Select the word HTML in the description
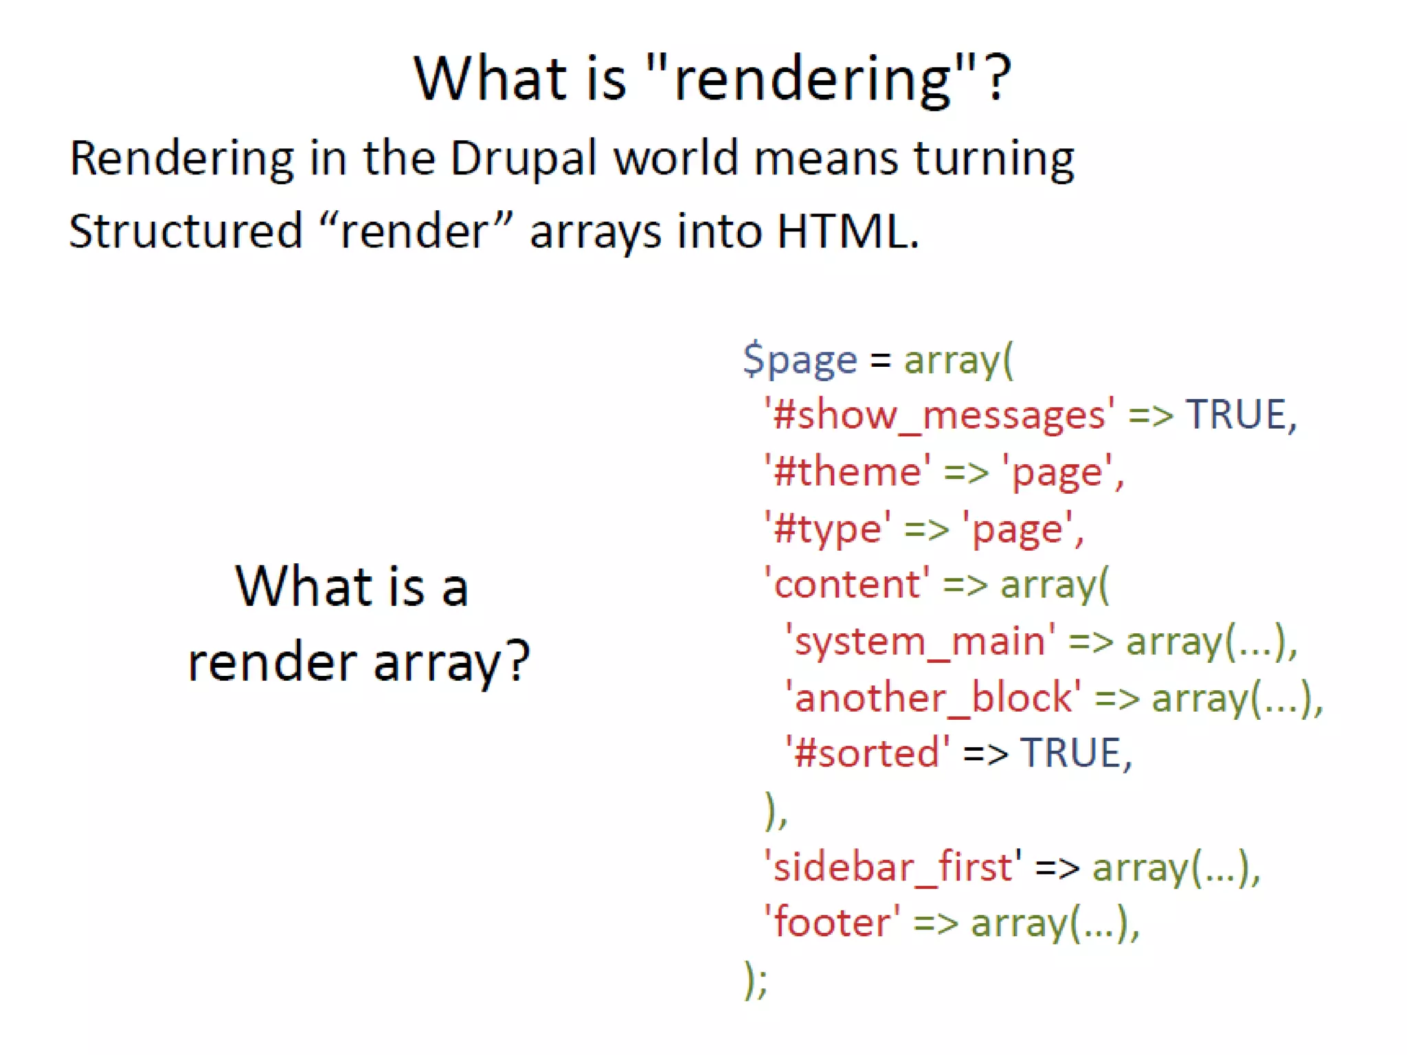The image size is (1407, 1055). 847,231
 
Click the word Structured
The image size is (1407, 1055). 185,231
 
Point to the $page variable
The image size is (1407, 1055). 800,359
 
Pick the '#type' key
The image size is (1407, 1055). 827,529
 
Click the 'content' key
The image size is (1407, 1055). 847,585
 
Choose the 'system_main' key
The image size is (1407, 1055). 920,642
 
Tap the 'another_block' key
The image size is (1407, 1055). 933,698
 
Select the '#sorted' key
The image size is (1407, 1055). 868,753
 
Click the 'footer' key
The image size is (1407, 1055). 832,922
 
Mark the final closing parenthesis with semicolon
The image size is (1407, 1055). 756,979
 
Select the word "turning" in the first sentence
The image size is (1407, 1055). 993,159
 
